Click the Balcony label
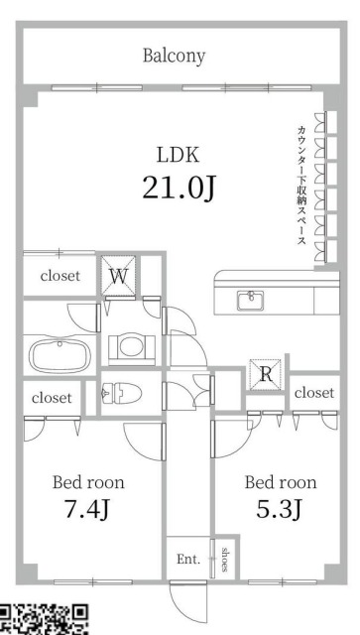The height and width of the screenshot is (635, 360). (x=174, y=56)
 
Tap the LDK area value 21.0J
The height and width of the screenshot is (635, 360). (x=179, y=188)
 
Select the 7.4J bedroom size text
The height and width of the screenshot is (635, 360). (x=87, y=509)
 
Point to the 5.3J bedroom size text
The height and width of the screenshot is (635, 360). (x=279, y=509)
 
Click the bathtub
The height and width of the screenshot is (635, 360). (x=60, y=355)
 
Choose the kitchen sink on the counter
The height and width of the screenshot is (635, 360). (x=251, y=301)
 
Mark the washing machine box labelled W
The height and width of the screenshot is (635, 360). (x=118, y=276)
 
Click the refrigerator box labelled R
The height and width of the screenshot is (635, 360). (x=266, y=374)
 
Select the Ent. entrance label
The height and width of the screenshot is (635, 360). (x=188, y=560)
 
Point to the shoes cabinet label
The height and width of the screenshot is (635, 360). (x=225, y=560)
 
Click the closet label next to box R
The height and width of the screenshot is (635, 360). (x=314, y=393)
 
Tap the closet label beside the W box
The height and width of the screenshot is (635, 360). (x=60, y=276)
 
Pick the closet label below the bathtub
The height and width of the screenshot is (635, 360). (x=52, y=398)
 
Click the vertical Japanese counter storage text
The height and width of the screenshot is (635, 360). (x=300, y=186)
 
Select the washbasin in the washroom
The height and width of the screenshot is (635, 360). (x=131, y=346)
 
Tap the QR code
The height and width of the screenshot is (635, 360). (x=44, y=619)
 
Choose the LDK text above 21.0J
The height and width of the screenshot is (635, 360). (x=179, y=156)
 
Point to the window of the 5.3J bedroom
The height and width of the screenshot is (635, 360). (x=283, y=582)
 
